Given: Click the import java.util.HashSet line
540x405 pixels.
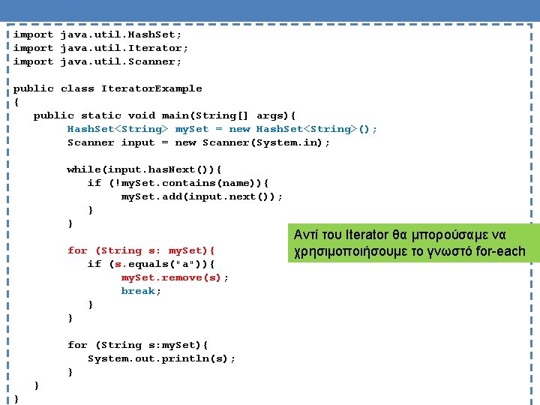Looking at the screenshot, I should pyautogui.click(x=97, y=34).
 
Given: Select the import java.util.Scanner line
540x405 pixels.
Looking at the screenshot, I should pyautogui.click(x=97, y=61).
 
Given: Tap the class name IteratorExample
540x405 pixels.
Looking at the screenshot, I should pyautogui.click(x=151, y=88).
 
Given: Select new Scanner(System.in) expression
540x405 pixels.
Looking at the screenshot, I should pyautogui.click(x=252, y=142).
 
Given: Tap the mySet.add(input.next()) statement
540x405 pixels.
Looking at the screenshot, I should pyautogui.click(x=202, y=196).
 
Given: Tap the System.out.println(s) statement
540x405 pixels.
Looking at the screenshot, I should pyautogui.click(x=161, y=358).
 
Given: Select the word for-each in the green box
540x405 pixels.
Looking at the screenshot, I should pyautogui.click(x=501, y=251).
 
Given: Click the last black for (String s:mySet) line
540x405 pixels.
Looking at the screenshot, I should pyautogui.click(x=138, y=345).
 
